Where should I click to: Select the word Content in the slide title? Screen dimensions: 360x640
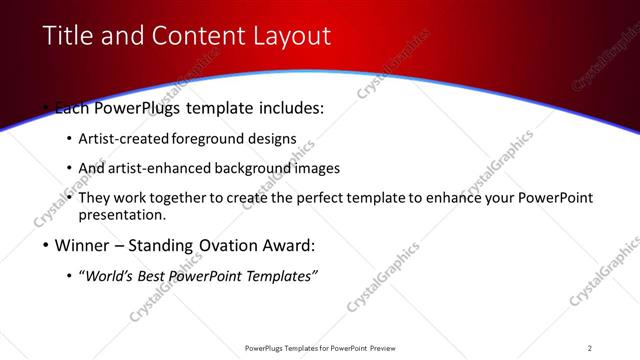[x=194, y=36]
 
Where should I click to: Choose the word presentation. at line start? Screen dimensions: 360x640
[x=121, y=215]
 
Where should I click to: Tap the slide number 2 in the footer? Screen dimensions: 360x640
[x=589, y=348]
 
